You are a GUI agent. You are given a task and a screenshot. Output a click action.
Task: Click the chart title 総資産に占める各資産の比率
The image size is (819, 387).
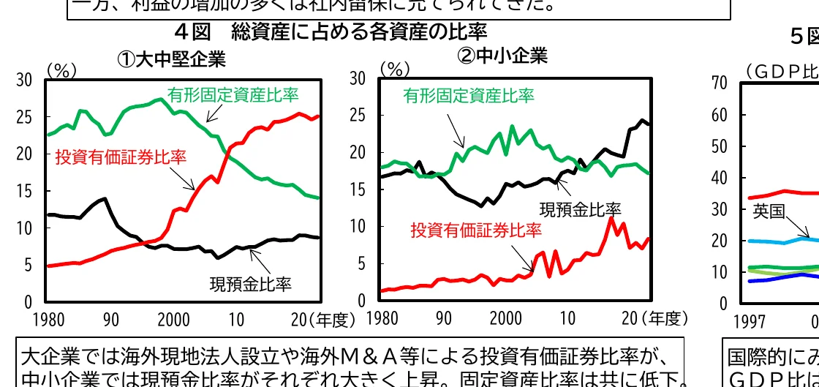(358, 31)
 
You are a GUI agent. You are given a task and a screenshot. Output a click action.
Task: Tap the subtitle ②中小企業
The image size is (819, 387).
(502, 56)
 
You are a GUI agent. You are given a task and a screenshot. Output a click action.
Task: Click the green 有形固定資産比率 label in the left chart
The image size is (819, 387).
(233, 94)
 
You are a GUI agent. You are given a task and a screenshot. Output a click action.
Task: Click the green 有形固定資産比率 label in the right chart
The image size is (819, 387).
(469, 96)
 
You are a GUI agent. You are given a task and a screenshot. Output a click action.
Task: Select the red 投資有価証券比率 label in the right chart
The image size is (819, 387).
(476, 230)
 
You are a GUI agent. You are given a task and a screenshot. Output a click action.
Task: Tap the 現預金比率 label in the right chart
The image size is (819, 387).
(580, 209)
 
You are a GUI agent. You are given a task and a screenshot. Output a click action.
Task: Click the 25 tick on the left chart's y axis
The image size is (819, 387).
(24, 117)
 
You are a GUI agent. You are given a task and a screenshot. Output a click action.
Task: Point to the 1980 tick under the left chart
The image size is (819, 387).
(49, 319)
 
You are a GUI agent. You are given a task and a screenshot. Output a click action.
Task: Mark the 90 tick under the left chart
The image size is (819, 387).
(110, 319)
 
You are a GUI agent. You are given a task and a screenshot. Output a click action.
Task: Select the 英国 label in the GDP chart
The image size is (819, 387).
(769, 212)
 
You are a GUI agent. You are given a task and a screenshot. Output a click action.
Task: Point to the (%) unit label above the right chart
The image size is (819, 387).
(396, 69)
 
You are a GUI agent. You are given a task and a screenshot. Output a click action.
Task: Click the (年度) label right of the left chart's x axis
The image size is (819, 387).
(331, 319)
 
